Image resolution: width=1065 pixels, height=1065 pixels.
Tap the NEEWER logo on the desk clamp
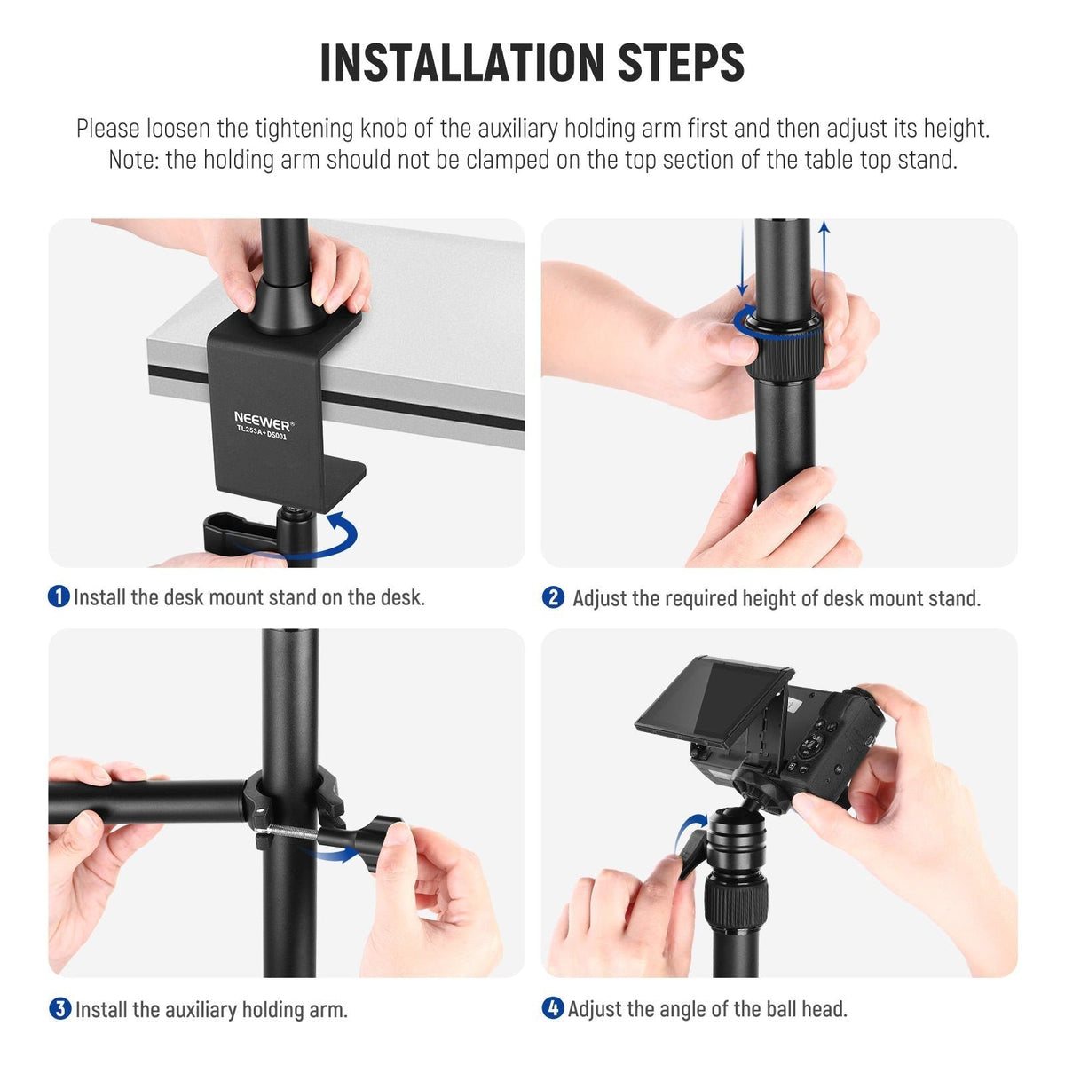263,422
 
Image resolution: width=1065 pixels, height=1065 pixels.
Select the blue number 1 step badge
59,597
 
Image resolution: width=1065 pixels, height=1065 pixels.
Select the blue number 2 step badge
553,597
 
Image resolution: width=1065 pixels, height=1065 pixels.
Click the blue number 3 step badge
59,1008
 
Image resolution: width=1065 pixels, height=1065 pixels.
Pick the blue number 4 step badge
553,1008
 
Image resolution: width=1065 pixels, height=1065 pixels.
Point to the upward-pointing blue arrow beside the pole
824,260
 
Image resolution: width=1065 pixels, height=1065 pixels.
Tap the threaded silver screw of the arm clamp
288,832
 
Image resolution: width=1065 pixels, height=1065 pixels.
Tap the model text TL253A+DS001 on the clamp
262,432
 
